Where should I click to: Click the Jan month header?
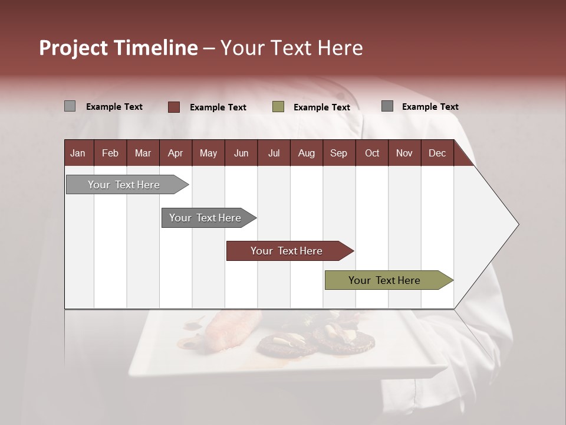(78, 153)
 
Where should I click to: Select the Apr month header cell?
(175, 153)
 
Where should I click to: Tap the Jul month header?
(274, 153)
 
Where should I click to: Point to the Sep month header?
(338, 153)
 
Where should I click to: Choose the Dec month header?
(437, 153)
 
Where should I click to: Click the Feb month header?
(110, 153)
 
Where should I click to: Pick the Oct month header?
(372, 153)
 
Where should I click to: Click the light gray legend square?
(70, 106)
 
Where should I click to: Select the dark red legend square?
(173, 107)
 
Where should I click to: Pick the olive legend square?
(278, 107)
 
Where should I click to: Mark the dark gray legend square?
(387, 106)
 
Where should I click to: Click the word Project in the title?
(74, 48)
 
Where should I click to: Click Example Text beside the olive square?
(321, 107)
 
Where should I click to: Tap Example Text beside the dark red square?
(218, 107)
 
